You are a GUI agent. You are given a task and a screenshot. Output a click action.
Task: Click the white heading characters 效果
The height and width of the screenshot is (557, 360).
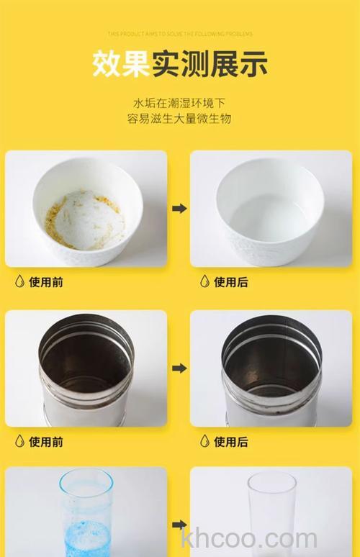click(x=120, y=63)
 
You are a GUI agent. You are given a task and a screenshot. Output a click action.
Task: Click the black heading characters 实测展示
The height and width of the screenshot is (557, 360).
click(x=209, y=63)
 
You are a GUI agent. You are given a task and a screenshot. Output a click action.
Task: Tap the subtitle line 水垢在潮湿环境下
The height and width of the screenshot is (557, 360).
click(x=180, y=102)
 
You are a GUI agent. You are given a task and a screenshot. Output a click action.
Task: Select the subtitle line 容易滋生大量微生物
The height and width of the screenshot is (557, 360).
click(x=180, y=119)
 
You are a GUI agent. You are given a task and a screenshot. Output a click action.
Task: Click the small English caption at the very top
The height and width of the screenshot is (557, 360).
click(x=180, y=33)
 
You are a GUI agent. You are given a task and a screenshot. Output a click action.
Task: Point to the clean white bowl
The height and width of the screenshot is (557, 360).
click(x=271, y=209)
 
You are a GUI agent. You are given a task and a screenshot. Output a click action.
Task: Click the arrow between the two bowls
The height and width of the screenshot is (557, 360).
click(x=179, y=208)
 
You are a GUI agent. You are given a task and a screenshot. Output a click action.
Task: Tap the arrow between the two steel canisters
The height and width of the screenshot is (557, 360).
click(x=179, y=368)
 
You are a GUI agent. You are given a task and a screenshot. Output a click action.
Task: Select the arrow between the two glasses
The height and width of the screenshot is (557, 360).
click(x=179, y=525)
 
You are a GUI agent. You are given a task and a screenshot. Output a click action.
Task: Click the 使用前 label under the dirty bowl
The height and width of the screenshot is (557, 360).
click(x=46, y=282)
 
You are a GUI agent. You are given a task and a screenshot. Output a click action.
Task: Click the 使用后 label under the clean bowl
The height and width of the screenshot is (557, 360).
click(x=231, y=282)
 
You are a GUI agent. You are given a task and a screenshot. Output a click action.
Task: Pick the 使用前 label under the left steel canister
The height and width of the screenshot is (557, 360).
click(x=46, y=441)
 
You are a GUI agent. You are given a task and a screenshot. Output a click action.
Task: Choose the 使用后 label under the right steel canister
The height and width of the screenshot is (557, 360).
click(x=231, y=441)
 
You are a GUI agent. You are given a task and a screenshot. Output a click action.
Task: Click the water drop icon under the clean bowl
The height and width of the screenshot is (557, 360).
click(x=204, y=281)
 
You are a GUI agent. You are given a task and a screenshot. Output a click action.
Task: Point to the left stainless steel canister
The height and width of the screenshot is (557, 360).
click(x=86, y=371)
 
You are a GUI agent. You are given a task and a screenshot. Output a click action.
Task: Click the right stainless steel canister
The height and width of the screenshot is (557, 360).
click(x=271, y=371)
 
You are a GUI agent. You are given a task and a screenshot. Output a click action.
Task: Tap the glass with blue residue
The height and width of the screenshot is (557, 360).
click(x=86, y=512)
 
